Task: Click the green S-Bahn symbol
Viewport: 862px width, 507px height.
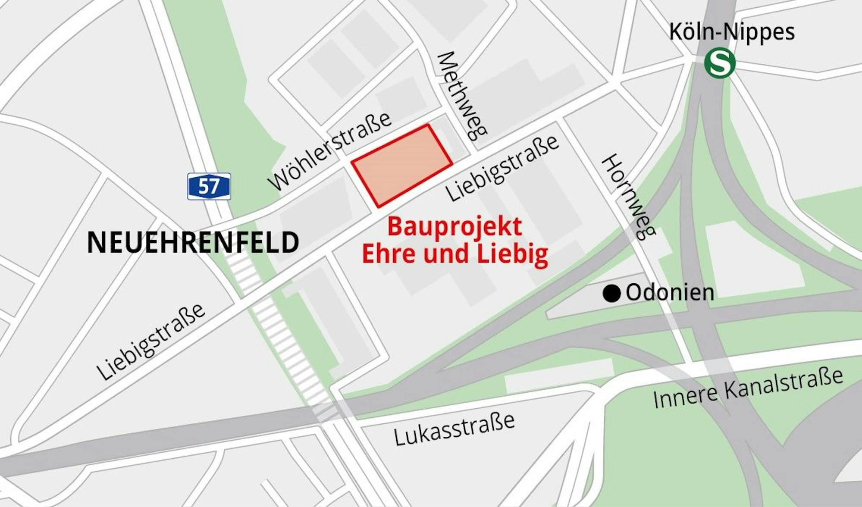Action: [x=719, y=63]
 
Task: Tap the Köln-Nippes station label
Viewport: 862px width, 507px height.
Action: [x=731, y=32]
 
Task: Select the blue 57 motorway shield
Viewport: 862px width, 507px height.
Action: [x=209, y=186]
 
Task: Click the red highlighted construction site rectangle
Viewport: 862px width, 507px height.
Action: [x=402, y=164]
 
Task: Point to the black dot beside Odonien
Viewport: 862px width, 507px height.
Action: [x=611, y=294]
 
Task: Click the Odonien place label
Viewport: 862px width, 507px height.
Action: [x=670, y=293]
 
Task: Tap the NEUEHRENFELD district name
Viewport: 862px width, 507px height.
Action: [x=193, y=243]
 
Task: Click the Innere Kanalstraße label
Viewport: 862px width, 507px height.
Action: [x=748, y=388]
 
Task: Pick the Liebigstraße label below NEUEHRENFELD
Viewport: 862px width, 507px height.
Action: [x=150, y=341]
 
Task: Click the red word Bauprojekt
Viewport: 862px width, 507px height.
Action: [x=455, y=227]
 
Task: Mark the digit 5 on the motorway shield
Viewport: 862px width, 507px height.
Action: [x=203, y=187]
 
